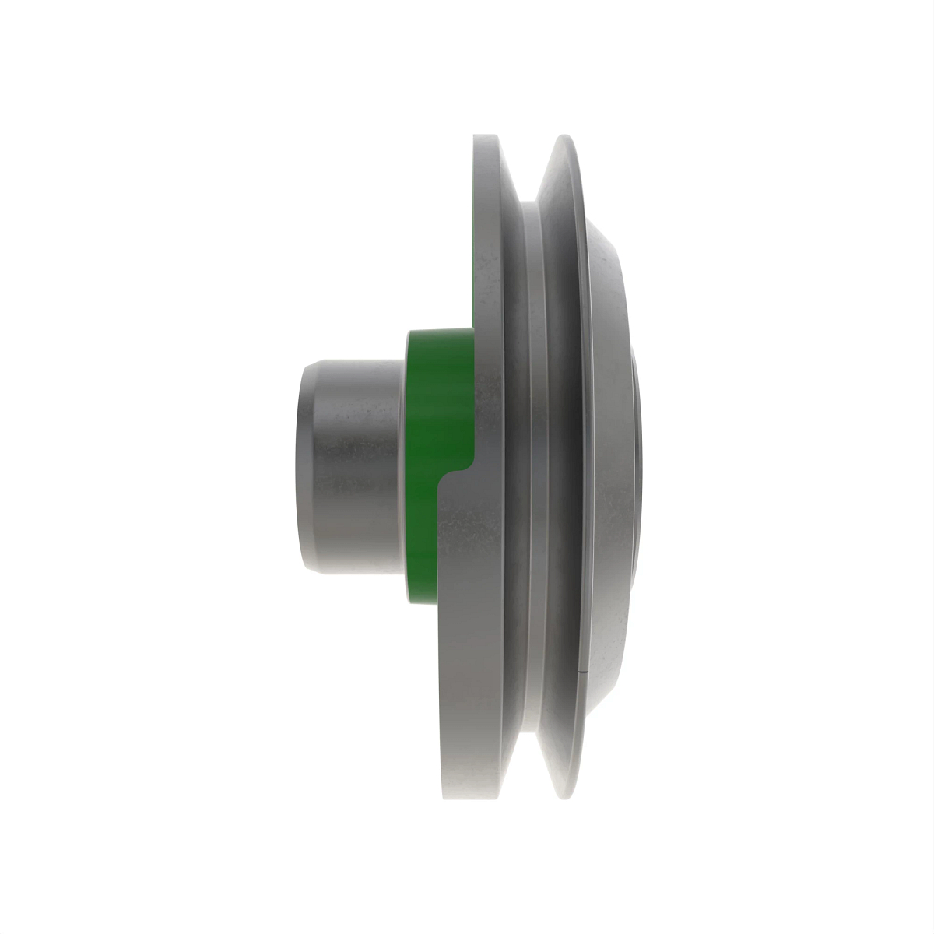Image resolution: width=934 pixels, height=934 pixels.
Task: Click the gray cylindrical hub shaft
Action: (x=350, y=467)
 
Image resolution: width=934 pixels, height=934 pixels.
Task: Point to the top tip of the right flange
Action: (x=566, y=139)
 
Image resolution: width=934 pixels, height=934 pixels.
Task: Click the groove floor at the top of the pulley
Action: (x=529, y=206)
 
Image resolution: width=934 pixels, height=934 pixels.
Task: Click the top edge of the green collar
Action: (x=440, y=332)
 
